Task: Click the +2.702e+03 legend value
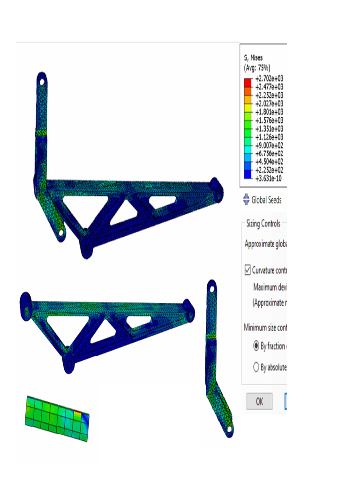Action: (269, 79)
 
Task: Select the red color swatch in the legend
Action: (248, 82)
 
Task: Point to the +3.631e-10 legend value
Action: (269, 178)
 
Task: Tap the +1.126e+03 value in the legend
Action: (269, 137)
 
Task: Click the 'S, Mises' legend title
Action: (253, 58)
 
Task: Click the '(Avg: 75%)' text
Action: (257, 67)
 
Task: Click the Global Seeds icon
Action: (247, 200)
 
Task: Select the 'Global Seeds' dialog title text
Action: (266, 200)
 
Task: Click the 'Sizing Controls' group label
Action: (263, 224)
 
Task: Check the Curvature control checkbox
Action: (247, 270)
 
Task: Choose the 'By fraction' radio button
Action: (256, 346)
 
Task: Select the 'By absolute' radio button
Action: (256, 367)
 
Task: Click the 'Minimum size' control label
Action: (265, 327)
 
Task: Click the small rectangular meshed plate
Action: (56, 418)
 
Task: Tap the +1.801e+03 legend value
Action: (269, 112)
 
